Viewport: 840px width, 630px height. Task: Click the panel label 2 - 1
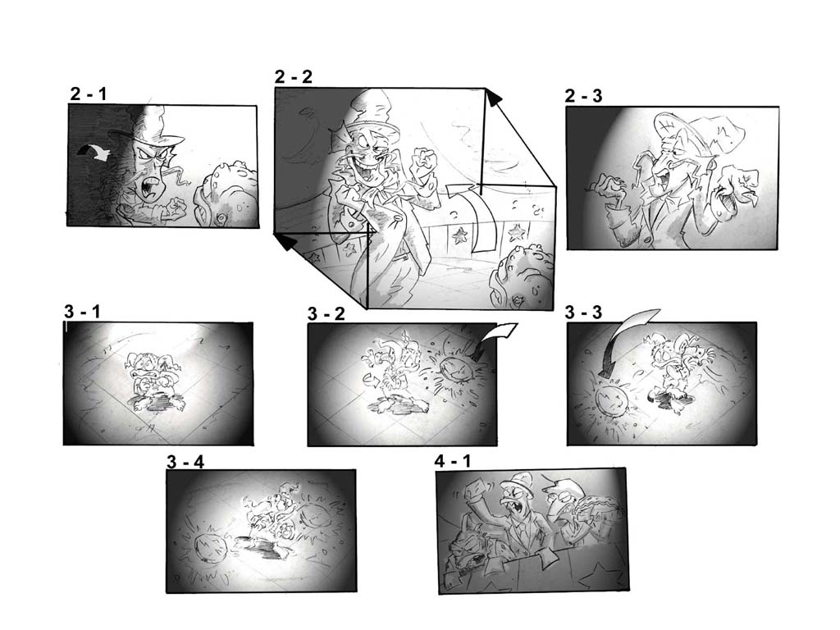pyautogui.click(x=89, y=94)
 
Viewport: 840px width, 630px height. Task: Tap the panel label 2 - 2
pyautogui.click(x=293, y=76)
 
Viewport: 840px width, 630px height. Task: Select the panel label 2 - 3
pyautogui.click(x=583, y=96)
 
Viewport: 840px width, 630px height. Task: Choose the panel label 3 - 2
pyautogui.click(x=326, y=313)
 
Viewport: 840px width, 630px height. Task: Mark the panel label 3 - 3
pyautogui.click(x=583, y=312)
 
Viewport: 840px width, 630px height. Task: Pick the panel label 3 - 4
pyautogui.click(x=185, y=461)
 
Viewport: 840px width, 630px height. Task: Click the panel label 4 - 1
pyautogui.click(x=453, y=460)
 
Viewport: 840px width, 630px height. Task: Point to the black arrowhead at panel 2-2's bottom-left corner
pyautogui.click(x=286, y=242)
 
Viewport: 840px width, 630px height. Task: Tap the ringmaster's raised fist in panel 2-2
pyautogui.click(x=422, y=160)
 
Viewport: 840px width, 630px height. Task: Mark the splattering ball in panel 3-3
pyautogui.click(x=610, y=399)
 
